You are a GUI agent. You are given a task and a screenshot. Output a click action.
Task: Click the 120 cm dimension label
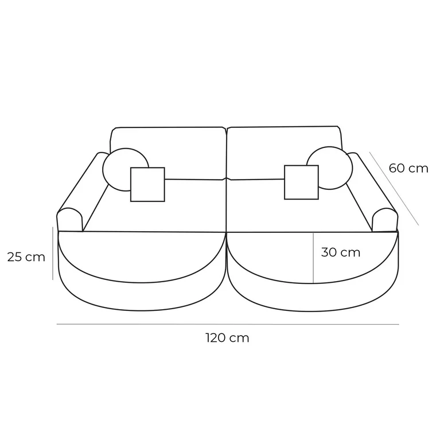pos(227,338)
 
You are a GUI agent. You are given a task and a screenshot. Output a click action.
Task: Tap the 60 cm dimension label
pos(408,168)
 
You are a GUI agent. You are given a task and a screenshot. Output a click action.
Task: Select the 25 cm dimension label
pos(26,257)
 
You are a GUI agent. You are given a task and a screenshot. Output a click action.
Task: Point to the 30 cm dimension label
pos(341,252)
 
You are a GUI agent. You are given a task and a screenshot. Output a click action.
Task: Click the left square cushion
pos(147,184)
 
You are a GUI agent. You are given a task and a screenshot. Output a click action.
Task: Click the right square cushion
pos(301,182)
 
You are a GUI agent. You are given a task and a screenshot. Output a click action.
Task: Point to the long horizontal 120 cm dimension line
pos(227,325)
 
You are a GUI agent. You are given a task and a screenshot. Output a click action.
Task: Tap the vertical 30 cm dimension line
pos(313,258)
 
